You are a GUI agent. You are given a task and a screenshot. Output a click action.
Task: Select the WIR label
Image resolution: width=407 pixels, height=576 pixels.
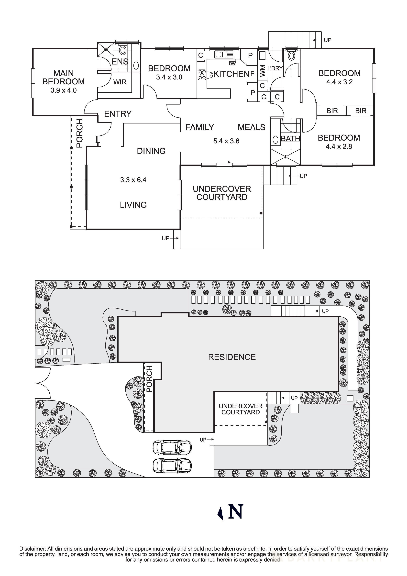120,82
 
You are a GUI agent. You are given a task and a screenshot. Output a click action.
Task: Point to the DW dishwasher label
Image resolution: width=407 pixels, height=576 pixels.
232,64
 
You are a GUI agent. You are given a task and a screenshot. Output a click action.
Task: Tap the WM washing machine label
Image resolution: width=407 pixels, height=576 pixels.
263,71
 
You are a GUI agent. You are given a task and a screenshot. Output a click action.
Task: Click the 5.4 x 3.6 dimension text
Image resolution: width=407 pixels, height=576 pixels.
226,141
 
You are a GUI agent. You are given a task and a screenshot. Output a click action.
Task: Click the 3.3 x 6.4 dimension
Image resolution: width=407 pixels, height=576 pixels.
133,180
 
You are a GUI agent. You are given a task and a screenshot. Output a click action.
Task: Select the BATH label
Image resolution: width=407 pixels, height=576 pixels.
290,138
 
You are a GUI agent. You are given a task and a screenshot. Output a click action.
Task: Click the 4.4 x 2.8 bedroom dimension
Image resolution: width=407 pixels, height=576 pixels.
339,146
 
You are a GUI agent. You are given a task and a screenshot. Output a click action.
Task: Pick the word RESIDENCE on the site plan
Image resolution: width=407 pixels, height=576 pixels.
232,357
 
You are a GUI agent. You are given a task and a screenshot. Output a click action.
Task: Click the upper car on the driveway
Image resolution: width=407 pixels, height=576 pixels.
172,447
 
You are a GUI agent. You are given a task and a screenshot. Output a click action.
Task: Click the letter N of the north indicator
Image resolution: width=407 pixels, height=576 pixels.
236,511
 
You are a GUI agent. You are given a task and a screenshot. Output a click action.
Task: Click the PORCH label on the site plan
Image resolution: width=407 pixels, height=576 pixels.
149,379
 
